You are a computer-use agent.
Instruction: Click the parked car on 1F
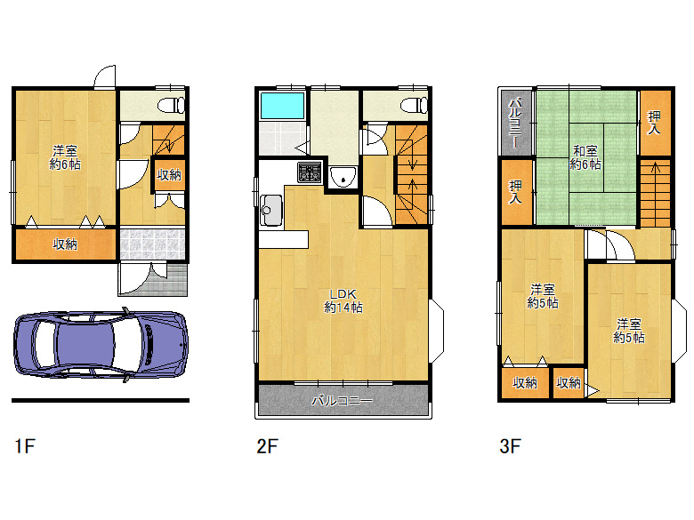click(101, 345)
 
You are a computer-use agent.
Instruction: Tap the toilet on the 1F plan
click(172, 105)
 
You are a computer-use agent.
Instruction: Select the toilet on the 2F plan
click(415, 105)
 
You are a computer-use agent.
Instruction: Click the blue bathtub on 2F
click(282, 106)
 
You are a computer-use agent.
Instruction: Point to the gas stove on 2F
click(310, 172)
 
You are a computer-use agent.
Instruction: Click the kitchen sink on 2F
click(271, 210)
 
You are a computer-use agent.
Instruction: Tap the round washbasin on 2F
click(343, 176)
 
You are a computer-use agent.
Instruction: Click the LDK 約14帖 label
click(343, 300)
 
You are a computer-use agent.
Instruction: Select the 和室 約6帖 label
click(585, 158)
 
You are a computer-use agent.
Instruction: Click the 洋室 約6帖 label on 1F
click(65, 158)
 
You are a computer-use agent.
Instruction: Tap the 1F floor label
click(24, 445)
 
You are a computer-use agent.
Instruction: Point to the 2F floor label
click(267, 445)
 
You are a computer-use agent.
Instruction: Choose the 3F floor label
click(510, 445)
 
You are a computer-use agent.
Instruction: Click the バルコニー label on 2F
click(343, 401)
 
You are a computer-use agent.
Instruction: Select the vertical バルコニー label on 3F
click(516, 123)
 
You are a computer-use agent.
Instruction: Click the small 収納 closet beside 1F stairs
click(169, 174)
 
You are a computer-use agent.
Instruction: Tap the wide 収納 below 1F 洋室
click(66, 244)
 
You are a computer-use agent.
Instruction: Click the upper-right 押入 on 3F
click(655, 123)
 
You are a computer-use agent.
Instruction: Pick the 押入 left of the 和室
click(516, 191)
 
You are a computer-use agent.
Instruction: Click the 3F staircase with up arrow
click(655, 194)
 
